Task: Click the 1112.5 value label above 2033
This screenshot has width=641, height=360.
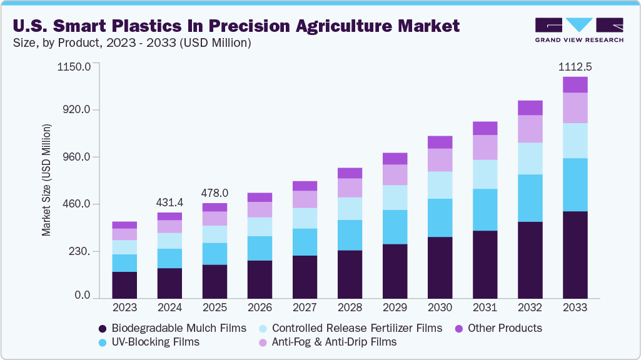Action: coord(575,66)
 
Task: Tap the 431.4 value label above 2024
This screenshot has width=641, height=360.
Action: coord(169,202)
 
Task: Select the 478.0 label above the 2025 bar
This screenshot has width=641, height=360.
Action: coord(215,193)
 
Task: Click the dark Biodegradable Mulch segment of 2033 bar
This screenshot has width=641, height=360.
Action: coord(575,254)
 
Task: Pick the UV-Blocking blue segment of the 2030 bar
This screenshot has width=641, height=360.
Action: coord(440,217)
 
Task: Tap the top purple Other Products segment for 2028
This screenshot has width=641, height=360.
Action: coord(350,173)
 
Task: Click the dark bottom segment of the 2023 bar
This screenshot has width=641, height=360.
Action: coord(124,284)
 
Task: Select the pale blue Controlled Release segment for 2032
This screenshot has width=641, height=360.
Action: coord(530,158)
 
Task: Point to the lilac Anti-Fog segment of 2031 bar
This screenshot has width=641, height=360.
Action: coord(485,147)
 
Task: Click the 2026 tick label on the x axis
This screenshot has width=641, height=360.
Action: coord(260,307)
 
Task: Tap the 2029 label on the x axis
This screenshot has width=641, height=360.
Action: coord(395,307)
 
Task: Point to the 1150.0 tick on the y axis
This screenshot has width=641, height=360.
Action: coord(74,66)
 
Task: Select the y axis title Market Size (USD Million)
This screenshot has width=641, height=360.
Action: coord(46,180)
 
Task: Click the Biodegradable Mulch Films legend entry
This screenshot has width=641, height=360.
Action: coord(178,328)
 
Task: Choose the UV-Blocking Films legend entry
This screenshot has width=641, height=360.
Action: coord(155,342)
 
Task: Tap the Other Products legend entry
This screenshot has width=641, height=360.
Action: coord(504,328)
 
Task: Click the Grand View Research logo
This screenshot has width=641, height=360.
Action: coord(578,30)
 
